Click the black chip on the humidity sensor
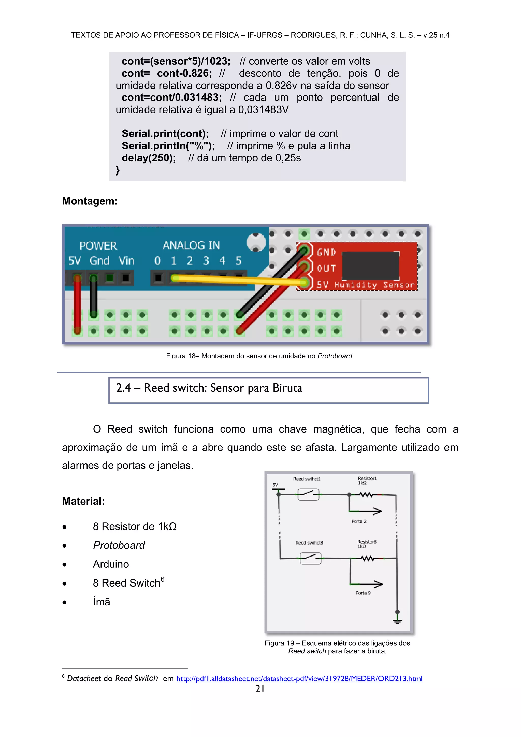(371, 266)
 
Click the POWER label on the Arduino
(98, 246)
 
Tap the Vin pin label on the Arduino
(126, 261)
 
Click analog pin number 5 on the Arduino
(238, 261)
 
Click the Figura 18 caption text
(259, 356)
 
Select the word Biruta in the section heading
(287, 388)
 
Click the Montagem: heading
(90, 201)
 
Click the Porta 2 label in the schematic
(359, 521)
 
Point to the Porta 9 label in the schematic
(363, 593)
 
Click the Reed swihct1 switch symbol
(308, 494)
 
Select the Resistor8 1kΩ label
(366, 544)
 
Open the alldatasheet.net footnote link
(299, 679)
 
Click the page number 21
(260, 689)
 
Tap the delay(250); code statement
(149, 158)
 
